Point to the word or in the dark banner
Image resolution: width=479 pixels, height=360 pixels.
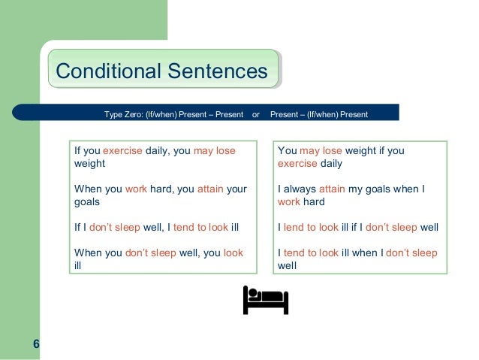(x=256, y=114)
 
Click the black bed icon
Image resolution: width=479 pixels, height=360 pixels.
(x=265, y=300)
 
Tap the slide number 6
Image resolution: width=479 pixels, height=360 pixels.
(x=36, y=344)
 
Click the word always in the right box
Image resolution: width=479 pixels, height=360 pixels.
(x=300, y=189)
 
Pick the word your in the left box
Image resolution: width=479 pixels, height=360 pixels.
(x=236, y=189)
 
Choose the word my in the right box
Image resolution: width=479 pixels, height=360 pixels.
(x=357, y=189)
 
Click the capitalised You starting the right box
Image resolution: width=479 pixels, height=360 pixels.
(x=287, y=150)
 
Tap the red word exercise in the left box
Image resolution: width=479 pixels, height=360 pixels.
(x=122, y=150)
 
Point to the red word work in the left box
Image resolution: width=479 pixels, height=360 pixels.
(x=136, y=189)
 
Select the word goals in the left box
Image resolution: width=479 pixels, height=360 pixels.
(x=86, y=202)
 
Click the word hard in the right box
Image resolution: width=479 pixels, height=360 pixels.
(x=314, y=202)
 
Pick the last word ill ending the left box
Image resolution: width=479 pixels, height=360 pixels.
(x=77, y=265)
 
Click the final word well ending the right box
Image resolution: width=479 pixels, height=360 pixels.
(x=288, y=265)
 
